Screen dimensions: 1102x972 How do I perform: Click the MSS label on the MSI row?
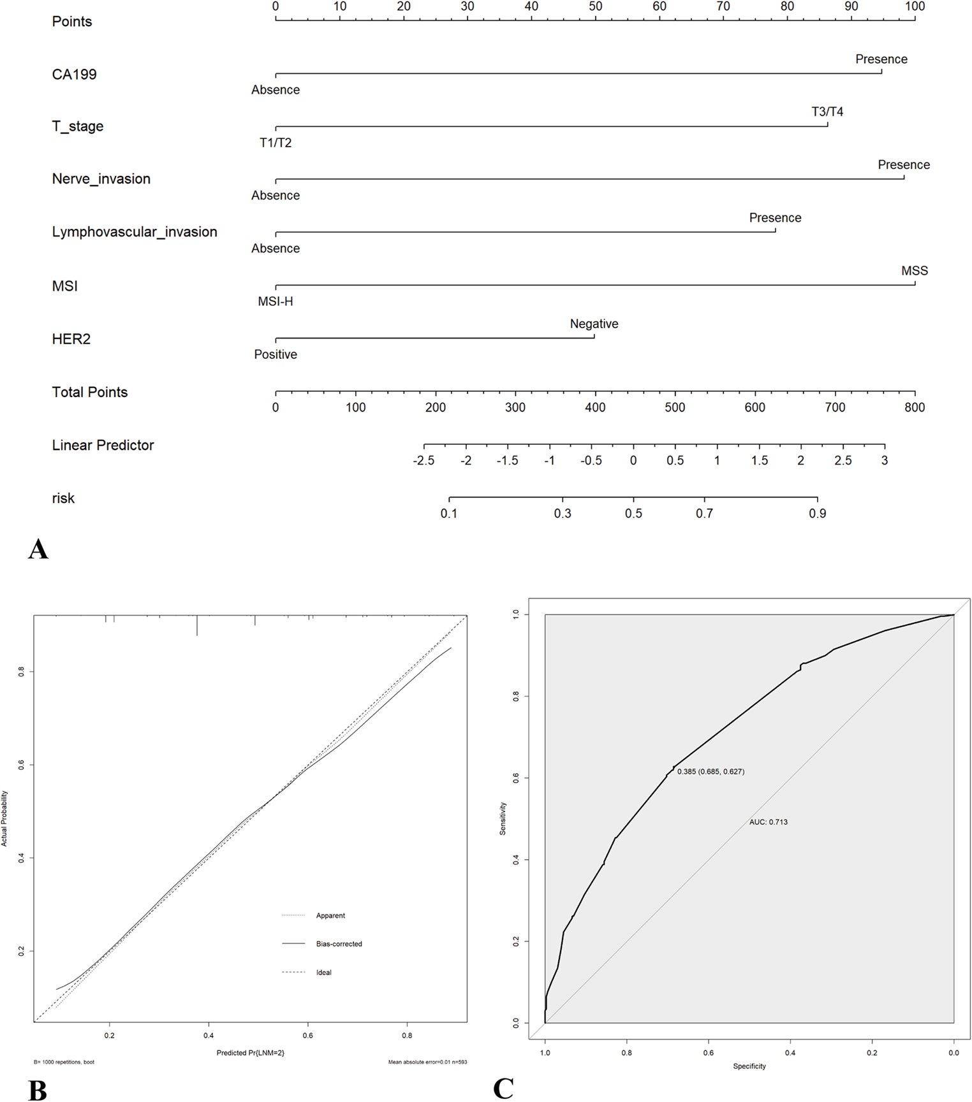(915, 271)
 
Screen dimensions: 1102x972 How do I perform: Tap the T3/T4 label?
(827, 112)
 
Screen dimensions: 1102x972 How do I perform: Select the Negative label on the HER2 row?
(594, 324)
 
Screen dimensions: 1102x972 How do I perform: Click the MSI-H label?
(276, 301)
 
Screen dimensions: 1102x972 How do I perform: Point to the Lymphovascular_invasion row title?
(135, 232)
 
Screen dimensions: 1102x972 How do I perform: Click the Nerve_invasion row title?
(101, 179)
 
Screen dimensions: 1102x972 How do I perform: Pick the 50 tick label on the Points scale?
(595, 6)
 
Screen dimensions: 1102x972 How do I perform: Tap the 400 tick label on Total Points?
(595, 407)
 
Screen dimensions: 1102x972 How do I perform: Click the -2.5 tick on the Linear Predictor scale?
(424, 460)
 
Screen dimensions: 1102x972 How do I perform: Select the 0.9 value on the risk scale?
(818, 513)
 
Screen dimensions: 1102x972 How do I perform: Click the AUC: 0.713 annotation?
(768, 822)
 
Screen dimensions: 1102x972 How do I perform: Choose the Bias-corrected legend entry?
(339, 944)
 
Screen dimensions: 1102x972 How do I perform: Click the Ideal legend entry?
(323, 973)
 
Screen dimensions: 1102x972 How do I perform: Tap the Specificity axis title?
(749, 1066)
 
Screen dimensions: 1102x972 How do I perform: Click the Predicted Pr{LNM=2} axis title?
(250, 1052)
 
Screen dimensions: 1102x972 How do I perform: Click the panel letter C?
(503, 1089)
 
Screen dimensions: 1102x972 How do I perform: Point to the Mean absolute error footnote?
(427, 1062)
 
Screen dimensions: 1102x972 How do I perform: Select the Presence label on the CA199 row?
(881, 59)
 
